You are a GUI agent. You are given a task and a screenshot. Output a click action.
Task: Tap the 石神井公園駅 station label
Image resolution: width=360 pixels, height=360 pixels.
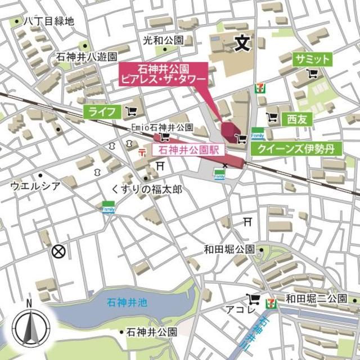pos(188,150)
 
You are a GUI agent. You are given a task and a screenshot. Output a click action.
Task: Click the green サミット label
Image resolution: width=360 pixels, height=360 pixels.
pos(312,60)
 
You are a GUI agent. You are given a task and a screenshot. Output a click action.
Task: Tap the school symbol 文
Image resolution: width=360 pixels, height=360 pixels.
pos(241,44)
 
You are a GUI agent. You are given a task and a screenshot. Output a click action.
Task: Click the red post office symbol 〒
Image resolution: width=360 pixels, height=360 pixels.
pos(142,152)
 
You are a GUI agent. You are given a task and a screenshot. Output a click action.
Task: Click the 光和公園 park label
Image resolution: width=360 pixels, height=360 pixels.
pos(163,40)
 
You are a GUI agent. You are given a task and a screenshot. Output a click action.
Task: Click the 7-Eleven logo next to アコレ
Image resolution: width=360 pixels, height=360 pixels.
pos(272,301)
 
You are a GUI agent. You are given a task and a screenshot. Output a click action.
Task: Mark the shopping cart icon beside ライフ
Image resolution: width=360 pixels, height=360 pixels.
pos(132,111)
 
